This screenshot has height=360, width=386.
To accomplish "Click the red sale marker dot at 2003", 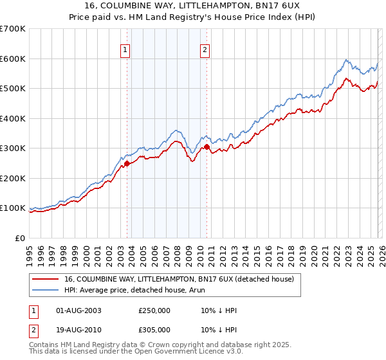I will tap(127, 163).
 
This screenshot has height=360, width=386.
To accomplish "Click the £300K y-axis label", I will tap(13, 148).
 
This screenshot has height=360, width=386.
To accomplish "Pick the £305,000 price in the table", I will tap(154, 329).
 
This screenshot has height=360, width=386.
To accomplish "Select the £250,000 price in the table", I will tap(154, 310).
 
